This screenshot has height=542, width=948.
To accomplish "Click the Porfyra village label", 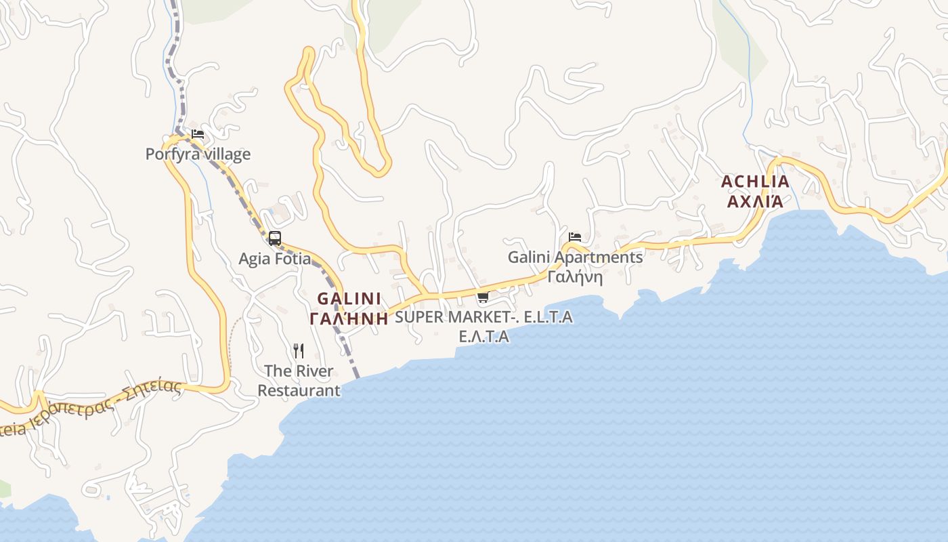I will click(198, 154).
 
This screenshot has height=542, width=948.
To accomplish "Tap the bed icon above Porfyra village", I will click(197, 133).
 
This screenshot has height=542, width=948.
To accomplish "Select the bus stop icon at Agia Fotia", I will click(274, 238).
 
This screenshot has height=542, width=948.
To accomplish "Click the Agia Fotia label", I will click(275, 259).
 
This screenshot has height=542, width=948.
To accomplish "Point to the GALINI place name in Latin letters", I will click(349, 299).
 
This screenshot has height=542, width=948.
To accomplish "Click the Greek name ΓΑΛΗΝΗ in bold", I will click(349, 318).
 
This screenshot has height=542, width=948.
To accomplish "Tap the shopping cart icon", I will click(483, 296).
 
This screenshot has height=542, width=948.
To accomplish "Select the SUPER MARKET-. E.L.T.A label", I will click(483, 317).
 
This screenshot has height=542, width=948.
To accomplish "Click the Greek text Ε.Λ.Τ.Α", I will click(483, 337).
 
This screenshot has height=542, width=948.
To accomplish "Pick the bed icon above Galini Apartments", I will click(575, 237).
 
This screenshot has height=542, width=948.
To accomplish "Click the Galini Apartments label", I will click(576, 257).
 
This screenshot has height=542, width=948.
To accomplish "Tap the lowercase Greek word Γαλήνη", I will click(575, 277).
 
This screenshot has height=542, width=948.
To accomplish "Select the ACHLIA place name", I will click(755, 182).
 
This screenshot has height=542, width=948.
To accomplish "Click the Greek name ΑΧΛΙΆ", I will click(755, 201).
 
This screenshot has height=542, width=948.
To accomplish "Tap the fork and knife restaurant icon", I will click(299, 350).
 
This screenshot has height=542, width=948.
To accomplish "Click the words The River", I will click(299, 371).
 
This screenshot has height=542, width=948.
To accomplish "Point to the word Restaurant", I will click(299, 391).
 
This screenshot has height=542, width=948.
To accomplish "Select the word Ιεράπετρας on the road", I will click(68, 413).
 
